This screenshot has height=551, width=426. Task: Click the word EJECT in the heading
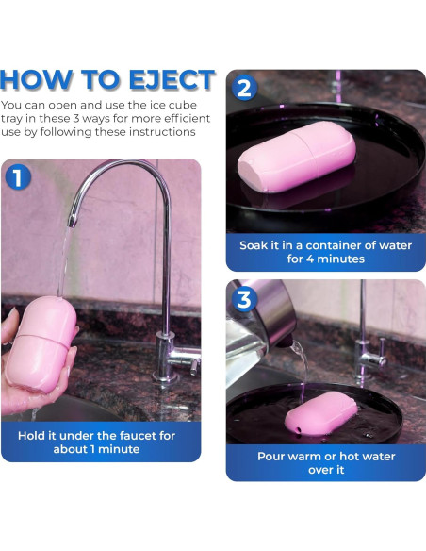pos(172,80)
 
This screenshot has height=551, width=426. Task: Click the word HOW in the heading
pos(36,80)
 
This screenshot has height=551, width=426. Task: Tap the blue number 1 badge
pos(18,177)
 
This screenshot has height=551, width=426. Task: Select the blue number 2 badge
pos(244,88)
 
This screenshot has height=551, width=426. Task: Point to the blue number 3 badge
pos(244,300)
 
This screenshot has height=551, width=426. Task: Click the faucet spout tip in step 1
pos(72,223)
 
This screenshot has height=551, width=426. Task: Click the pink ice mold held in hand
pos(41,343)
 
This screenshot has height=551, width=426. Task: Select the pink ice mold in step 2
pos(297,157)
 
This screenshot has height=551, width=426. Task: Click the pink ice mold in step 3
pos(321,413)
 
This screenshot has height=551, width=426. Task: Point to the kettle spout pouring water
pos(286,342)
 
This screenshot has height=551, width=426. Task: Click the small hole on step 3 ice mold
pos(298,429)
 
